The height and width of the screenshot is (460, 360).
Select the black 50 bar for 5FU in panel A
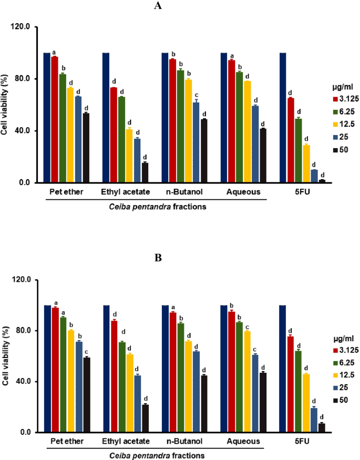[322, 181]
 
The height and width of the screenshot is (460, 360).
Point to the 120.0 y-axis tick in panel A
[26, 27]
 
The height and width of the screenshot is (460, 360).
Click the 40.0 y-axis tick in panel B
[27, 382]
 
